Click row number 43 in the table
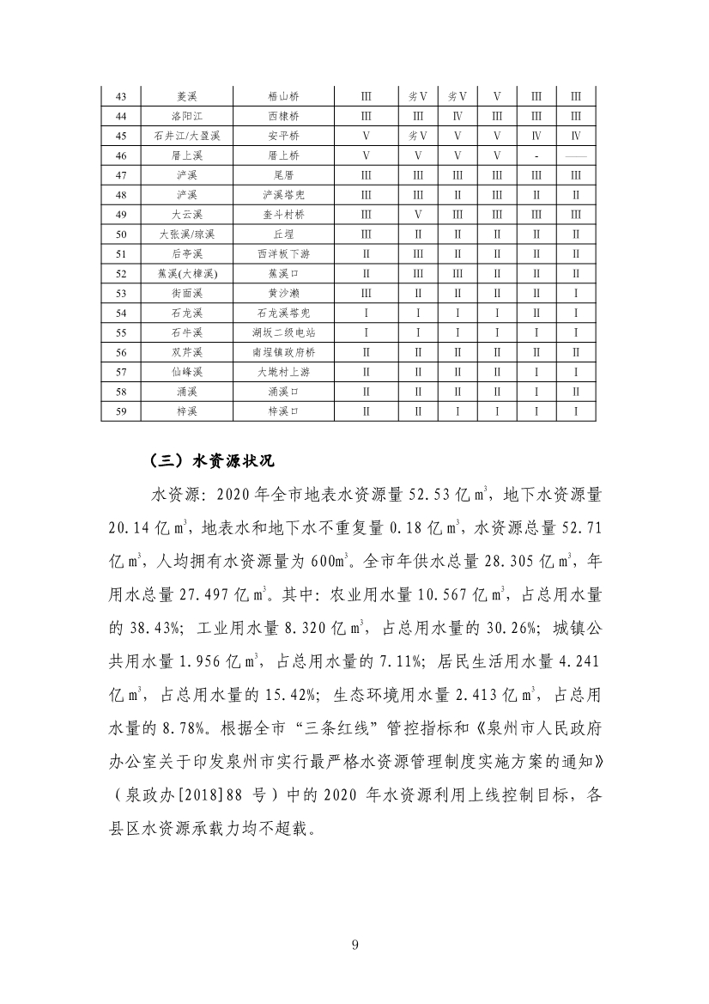120,95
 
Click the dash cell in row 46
536,155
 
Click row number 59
120,411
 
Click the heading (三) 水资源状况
211,461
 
